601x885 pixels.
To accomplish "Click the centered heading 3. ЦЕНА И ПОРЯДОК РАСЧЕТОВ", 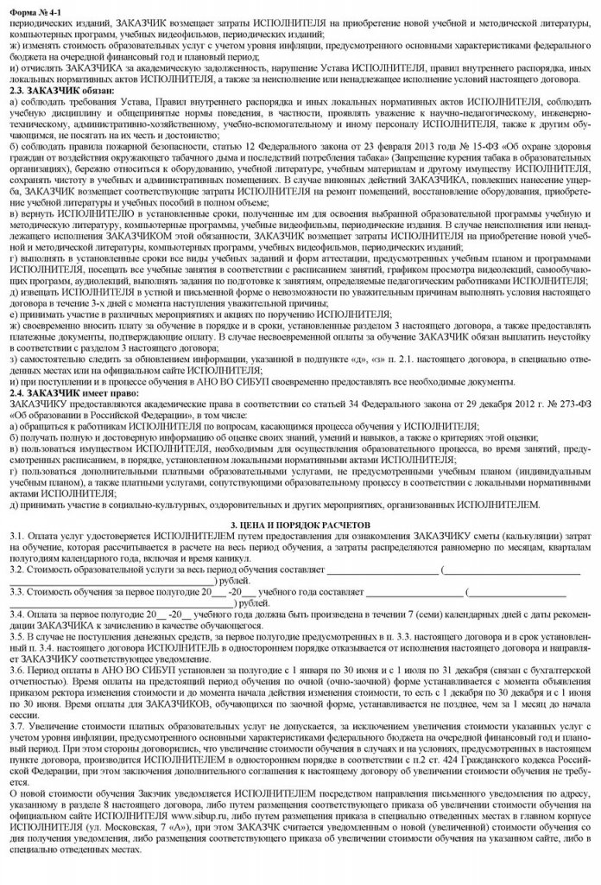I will point(299,525).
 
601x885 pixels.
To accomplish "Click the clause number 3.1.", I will point(13,537).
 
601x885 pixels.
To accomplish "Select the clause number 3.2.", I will point(13,570).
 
